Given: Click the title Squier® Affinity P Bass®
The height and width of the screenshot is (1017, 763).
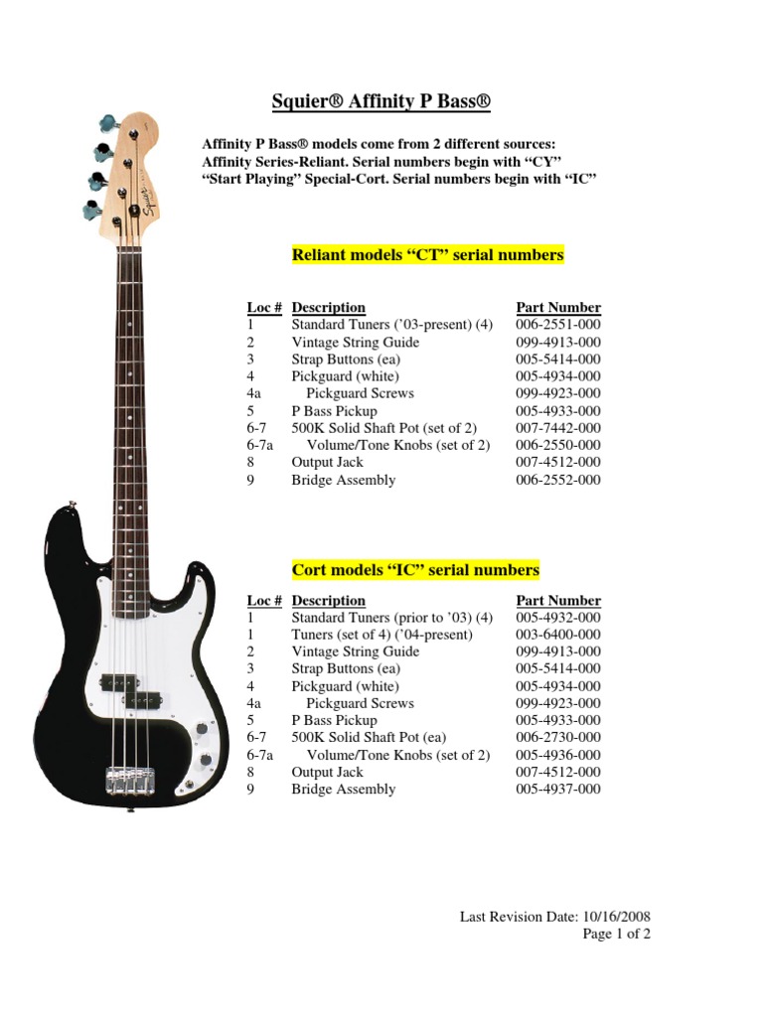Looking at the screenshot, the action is coord(381,101).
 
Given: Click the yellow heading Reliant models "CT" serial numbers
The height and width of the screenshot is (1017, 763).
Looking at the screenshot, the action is coord(427,255).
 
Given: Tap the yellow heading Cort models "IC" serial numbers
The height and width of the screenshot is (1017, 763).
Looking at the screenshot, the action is coord(415,570).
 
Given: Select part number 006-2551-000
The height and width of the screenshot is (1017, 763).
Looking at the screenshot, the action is coord(558,325).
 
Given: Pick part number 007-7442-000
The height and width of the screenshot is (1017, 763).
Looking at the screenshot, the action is coord(558,428).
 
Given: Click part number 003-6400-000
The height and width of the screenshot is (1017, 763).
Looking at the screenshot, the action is coord(558,635).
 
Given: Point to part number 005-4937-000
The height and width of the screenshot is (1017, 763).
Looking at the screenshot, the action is coord(558,790).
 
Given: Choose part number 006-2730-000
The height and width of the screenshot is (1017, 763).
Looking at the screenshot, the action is coord(558,738).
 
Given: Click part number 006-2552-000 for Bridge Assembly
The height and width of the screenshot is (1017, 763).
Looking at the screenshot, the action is coord(558,480).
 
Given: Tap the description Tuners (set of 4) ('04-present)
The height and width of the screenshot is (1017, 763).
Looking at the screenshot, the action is coord(381,635).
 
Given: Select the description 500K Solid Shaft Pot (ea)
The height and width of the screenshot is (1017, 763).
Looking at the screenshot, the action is coord(369,738).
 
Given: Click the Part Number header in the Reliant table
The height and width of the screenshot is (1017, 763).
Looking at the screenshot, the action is coord(558,308).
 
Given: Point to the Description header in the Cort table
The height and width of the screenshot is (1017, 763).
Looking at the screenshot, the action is coord(328,601).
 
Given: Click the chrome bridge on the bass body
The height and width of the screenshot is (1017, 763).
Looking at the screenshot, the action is coord(129,778).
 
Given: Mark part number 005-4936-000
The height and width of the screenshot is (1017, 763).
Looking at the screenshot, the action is coord(558,755).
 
